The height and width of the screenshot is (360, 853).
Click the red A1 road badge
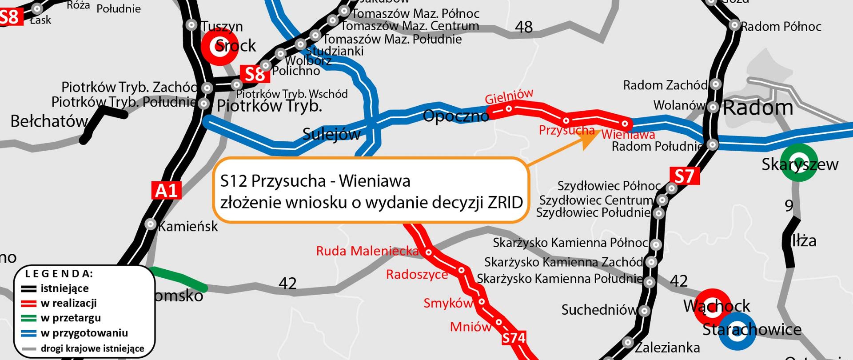click(x=167, y=190)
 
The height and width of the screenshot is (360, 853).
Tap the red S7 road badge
click(x=685, y=176)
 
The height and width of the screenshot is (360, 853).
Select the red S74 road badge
click(x=514, y=338)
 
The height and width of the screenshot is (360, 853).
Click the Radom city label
click(x=758, y=108)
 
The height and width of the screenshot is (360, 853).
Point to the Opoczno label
click(x=456, y=116)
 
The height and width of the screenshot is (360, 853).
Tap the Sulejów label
click(x=331, y=134)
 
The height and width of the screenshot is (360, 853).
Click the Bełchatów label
click(x=49, y=121)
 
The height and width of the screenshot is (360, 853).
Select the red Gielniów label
click(x=509, y=96)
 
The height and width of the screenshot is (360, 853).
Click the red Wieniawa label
click(x=628, y=134)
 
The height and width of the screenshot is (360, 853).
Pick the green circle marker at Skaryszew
click(x=799, y=163)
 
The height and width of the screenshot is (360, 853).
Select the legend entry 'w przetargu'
click(x=71, y=318)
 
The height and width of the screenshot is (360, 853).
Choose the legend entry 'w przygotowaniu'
click(x=84, y=333)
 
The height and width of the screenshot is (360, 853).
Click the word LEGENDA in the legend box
click(x=59, y=274)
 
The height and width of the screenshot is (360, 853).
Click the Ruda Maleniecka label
click(x=367, y=251)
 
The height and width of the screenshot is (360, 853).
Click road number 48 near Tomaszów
click(x=523, y=27)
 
